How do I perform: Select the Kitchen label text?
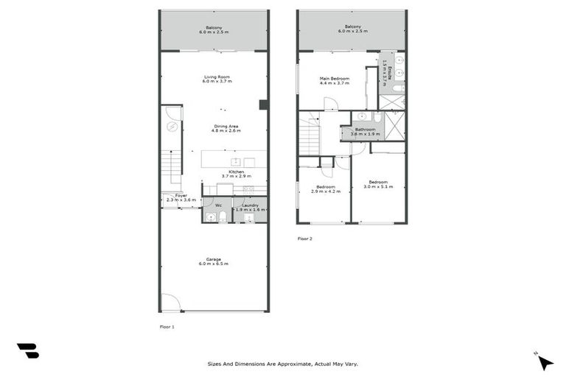pos(236,174)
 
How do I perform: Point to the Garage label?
pos(214,261)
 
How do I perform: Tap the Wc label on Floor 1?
pos(218,205)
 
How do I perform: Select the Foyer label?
pos(181,197)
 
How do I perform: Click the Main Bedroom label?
pos(335,81)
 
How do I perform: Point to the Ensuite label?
pos(384,71)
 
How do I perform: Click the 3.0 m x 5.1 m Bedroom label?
pos(378,184)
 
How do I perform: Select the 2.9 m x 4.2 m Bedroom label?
pos(326,188)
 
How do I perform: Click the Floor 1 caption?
pos(167,325)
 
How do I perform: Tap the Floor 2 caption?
pos(305,239)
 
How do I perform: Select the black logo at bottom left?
pos(27,351)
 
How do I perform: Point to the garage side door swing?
pos(170,302)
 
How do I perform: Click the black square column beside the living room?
pos(263,105)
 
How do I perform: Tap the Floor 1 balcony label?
pos(214,30)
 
